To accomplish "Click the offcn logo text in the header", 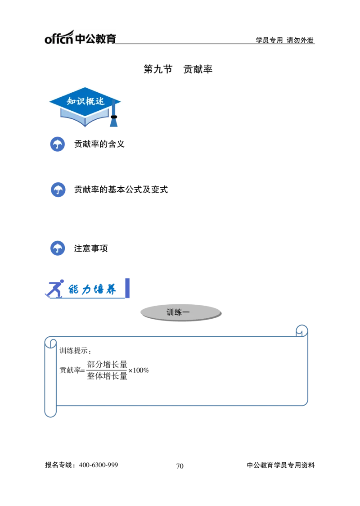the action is coord(59,37).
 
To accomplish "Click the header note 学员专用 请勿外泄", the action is coord(284,40).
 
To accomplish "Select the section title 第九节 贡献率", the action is coord(178,69).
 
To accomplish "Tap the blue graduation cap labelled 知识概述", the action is coord(85,107).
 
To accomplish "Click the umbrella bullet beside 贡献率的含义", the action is coord(58,144).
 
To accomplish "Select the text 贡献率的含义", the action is coord(99,144).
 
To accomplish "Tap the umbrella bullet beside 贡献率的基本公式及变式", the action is coord(58,190).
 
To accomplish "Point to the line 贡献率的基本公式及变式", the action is coord(121,190).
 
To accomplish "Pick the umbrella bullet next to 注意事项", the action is coord(58,248).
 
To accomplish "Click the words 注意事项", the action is coord(91,248).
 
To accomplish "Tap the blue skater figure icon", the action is coord(54,289).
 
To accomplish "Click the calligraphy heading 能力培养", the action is coord(92,289).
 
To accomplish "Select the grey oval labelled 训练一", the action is coord(181,312).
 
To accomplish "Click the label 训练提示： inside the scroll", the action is coord(76,351).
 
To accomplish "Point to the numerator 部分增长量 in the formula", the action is coord(107,365).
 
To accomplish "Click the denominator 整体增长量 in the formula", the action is coord(107,376).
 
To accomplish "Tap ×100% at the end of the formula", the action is coord(139,370).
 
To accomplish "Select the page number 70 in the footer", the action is coord(180,466).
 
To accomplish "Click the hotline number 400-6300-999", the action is coord(99,465).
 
